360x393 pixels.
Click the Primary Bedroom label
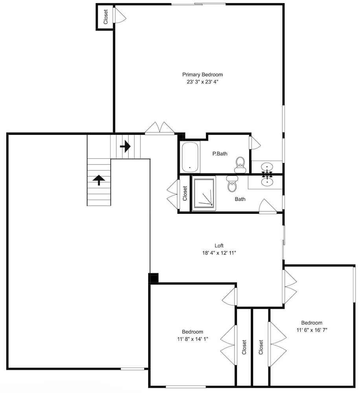[x=202, y=74]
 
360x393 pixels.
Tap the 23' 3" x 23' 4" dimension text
[x=202, y=82]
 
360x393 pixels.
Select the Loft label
[x=219, y=246]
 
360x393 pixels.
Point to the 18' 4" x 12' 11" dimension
[x=219, y=253]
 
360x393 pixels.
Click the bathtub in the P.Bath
[x=190, y=157]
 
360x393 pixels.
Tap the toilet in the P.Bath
[x=240, y=165]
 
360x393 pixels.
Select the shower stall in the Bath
[x=204, y=193]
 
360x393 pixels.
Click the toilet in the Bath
[x=232, y=184]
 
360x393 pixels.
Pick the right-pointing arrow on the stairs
[x=125, y=146]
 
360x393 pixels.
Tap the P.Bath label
[x=220, y=154]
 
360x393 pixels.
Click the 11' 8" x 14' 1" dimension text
[x=193, y=339]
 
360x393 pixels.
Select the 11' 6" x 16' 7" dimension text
[x=312, y=330]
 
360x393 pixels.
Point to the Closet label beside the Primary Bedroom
[x=106, y=17]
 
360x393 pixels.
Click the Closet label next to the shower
[x=185, y=193]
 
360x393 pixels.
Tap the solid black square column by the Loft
[x=153, y=278]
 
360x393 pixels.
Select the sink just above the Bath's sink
[x=267, y=167]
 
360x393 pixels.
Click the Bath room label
[x=240, y=199]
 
